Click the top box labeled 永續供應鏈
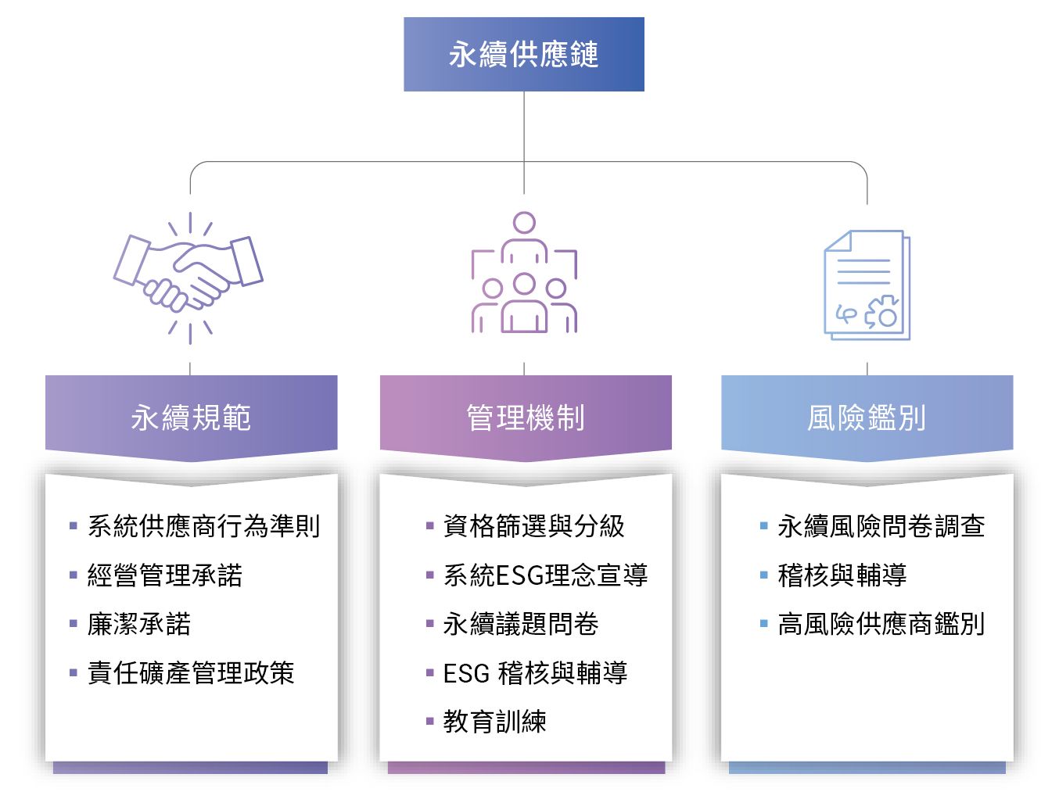pyautogui.click(x=523, y=55)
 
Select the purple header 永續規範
pyautogui.click(x=191, y=417)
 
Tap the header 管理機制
pyautogui.click(x=525, y=417)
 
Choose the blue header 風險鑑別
pyautogui.click(x=867, y=417)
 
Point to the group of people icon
pyautogui.click(x=524, y=274)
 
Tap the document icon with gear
pyautogui.click(x=867, y=285)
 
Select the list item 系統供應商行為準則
pyautogui.click(x=203, y=526)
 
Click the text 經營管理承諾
pyautogui.click(x=164, y=575)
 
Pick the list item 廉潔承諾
pyautogui.click(x=139, y=624)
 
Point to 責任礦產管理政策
pyautogui.click(x=191, y=672)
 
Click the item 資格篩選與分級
pyautogui.click(x=533, y=526)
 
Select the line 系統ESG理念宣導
pyautogui.click(x=545, y=575)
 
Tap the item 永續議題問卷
pyautogui.click(x=521, y=624)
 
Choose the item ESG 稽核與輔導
pyautogui.click(x=535, y=672)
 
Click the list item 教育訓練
pyautogui.click(x=494, y=721)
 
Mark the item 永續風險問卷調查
pyautogui.click(x=881, y=526)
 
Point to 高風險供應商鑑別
pyautogui.click(x=881, y=624)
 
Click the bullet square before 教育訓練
pyautogui.click(x=429, y=721)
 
